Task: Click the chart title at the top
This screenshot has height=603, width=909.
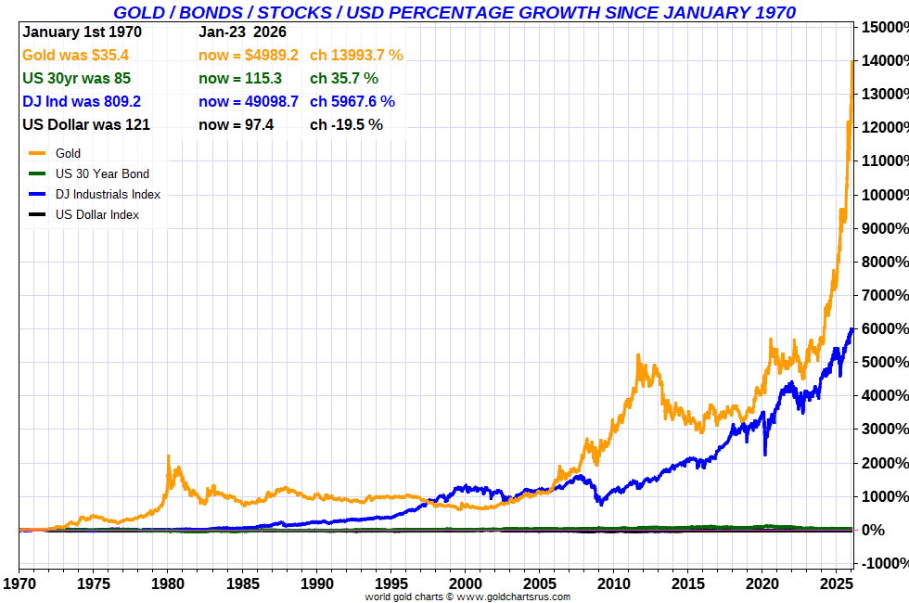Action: (x=454, y=12)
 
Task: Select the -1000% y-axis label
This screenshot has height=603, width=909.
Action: (x=883, y=563)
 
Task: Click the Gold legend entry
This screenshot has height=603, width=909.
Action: (x=68, y=153)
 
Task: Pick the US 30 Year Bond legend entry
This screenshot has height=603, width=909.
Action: (x=102, y=173)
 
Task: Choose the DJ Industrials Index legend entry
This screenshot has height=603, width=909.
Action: (x=108, y=194)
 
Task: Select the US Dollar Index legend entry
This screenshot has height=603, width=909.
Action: (x=97, y=214)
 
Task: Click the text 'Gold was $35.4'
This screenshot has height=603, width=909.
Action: (x=75, y=55)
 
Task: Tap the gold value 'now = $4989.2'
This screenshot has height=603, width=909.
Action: (x=248, y=55)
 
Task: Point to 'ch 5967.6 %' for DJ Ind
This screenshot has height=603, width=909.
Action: (x=352, y=101)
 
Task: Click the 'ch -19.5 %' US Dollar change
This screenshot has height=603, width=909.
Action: (x=346, y=124)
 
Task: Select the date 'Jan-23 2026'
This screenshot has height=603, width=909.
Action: (x=242, y=32)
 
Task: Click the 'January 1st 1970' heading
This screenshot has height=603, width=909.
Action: (x=82, y=32)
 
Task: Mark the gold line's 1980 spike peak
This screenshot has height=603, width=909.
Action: (x=168, y=456)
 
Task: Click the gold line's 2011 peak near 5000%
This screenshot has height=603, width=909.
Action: (x=638, y=355)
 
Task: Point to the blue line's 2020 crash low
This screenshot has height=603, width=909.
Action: (x=765, y=454)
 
